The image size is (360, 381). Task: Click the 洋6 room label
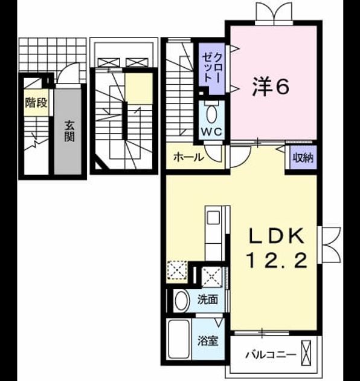[x=271, y=86]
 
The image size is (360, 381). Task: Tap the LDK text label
[x=277, y=236]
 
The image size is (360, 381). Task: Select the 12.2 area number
[x=277, y=260]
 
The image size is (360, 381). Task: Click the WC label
[x=211, y=132]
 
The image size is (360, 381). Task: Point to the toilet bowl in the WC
[x=211, y=114]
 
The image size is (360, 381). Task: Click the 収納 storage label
[x=303, y=158]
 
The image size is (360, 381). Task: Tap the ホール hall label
[x=188, y=157]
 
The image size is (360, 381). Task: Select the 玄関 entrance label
[x=69, y=131]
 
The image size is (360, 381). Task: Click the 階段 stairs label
[x=36, y=103]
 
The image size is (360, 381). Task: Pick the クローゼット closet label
[x=212, y=67]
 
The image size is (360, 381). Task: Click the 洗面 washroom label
[x=207, y=299]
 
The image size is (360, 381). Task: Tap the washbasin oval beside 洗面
[x=182, y=300]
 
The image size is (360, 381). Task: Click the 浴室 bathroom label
[x=208, y=340]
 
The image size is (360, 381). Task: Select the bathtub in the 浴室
[x=179, y=339]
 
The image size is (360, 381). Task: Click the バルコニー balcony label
[x=271, y=355]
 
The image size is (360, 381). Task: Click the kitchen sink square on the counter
[x=213, y=218]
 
